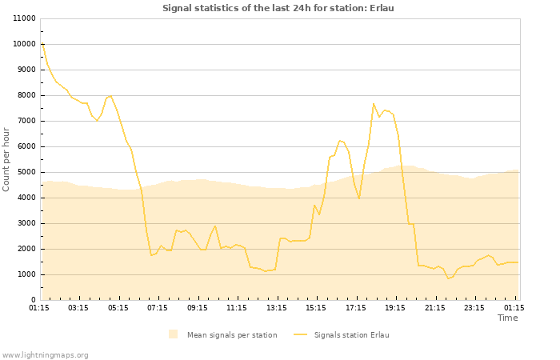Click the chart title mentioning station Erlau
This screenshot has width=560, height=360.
coord(278,8)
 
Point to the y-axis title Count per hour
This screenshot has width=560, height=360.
coord(6,159)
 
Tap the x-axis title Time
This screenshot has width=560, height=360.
coord(507,318)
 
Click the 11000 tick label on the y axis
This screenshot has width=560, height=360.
coord(25,18)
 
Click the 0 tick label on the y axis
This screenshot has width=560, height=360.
coord(34,300)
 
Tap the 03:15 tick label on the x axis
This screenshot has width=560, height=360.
coord(78,307)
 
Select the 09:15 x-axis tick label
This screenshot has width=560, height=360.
coord(198,307)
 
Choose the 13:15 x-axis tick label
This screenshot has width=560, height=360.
coord(277,307)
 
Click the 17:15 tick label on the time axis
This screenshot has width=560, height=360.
coord(356,307)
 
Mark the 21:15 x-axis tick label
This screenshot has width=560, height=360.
coord(435,307)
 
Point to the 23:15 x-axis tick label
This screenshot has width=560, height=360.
coord(475,307)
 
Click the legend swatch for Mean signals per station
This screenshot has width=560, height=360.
coord(174,334)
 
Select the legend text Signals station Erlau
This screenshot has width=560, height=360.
coord(351,334)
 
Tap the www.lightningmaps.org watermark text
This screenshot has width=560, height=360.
coord(46,354)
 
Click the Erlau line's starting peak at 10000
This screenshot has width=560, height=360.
coord(42,44)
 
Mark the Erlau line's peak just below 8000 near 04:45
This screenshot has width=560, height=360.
coord(110,96)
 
